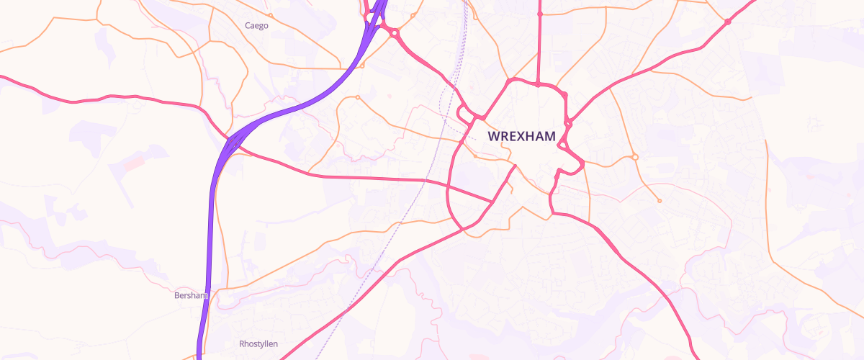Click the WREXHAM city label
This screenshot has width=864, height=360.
pyautogui.click(x=521, y=136)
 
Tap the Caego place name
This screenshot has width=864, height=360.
pyautogui.click(x=256, y=26)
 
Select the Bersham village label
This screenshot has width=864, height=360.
pyautogui.click(x=191, y=295)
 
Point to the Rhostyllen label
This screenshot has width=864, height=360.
pyautogui.click(x=258, y=344)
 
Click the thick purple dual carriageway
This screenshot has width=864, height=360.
pyautogui.click(x=210, y=216)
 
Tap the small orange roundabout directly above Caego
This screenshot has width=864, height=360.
pyautogui.click(x=270, y=15)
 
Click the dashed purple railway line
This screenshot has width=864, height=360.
pyautogui.click(x=403, y=216)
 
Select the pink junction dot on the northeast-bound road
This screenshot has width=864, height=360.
pyautogui.click(x=727, y=22)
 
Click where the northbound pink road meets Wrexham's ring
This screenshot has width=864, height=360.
pyautogui.click(x=539, y=84)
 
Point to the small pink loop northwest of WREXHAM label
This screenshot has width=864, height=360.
pyautogui.click(x=465, y=113)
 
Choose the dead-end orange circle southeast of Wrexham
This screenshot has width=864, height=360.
pyautogui.click(x=659, y=201)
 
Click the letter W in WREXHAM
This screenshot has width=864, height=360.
pyautogui.click(x=493, y=136)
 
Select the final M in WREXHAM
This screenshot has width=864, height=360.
pyautogui.click(x=549, y=136)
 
